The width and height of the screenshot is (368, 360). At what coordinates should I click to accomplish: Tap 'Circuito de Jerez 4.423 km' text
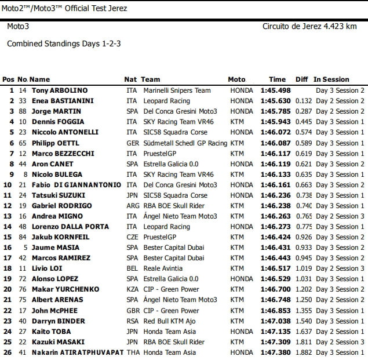(x=309, y=27)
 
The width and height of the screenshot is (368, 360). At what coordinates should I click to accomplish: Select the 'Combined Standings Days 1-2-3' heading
(x=64, y=43)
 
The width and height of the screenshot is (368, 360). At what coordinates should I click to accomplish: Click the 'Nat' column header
(x=130, y=79)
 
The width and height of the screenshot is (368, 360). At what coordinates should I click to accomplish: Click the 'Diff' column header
(x=301, y=79)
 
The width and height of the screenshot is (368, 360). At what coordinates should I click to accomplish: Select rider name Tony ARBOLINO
(x=59, y=90)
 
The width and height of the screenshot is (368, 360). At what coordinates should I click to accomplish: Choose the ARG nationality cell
(x=132, y=206)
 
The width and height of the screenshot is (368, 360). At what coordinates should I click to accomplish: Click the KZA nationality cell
(x=132, y=289)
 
